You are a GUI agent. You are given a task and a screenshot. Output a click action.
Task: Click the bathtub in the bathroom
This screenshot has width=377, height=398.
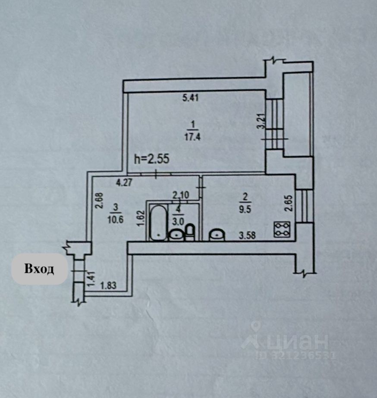(158, 223)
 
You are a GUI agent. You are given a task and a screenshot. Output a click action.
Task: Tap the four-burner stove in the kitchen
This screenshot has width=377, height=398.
(282, 229)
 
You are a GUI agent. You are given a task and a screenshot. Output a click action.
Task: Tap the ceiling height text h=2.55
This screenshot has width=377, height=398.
(151, 159)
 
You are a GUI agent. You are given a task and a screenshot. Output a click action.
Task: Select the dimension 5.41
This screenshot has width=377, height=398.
(190, 98)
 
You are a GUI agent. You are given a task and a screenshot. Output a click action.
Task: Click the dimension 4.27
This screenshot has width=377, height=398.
(124, 183)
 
